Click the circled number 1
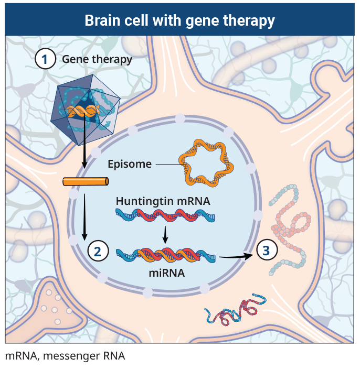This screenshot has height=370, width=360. pos(45,59)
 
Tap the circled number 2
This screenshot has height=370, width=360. pos(98,251)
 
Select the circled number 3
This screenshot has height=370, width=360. pos(266,251)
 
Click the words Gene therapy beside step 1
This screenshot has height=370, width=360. pos(97,59)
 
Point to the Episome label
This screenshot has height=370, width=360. pos(129,164)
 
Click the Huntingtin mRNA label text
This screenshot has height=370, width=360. pos(163,201)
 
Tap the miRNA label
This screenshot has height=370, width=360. pos(166,273)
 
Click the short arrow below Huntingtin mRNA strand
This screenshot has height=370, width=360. pos(165,234)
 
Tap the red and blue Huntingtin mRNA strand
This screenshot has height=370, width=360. pos(164,216)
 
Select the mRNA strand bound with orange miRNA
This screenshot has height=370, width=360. pos(164,255)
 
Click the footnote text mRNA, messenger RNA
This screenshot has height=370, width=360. pos(65,356)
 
